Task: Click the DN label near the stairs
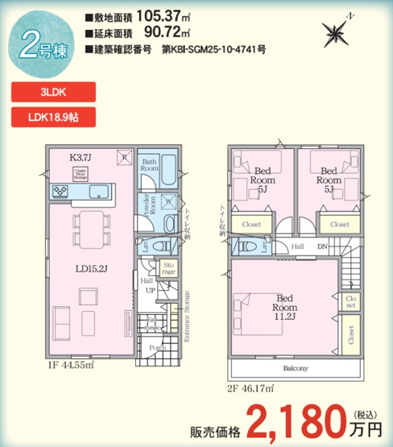(x=323, y=247)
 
